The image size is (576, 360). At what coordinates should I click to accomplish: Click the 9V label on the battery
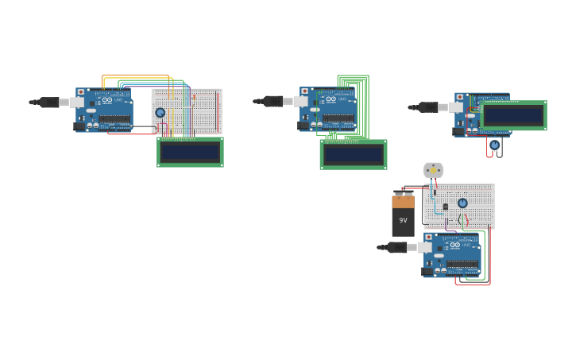[403, 220]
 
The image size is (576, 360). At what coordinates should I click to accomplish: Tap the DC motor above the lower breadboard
[433, 170]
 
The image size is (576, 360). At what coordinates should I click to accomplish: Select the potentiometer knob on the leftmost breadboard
[160, 113]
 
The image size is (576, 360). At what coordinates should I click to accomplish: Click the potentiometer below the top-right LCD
[494, 145]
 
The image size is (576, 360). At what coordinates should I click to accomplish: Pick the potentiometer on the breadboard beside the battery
[462, 203]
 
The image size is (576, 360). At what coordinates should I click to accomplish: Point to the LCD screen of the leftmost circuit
[190, 152]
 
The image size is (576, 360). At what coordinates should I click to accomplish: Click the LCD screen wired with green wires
[354, 154]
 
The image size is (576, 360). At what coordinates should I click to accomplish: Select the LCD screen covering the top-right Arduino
[513, 115]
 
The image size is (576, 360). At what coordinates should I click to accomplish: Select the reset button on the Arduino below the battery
[429, 238]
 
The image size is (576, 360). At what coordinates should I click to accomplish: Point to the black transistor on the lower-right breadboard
[445, 207]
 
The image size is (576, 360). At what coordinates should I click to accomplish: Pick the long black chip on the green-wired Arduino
[338, 118]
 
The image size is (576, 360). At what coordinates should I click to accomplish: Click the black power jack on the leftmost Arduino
[80, 126]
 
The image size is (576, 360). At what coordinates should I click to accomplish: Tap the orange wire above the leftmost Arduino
[135, 75]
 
